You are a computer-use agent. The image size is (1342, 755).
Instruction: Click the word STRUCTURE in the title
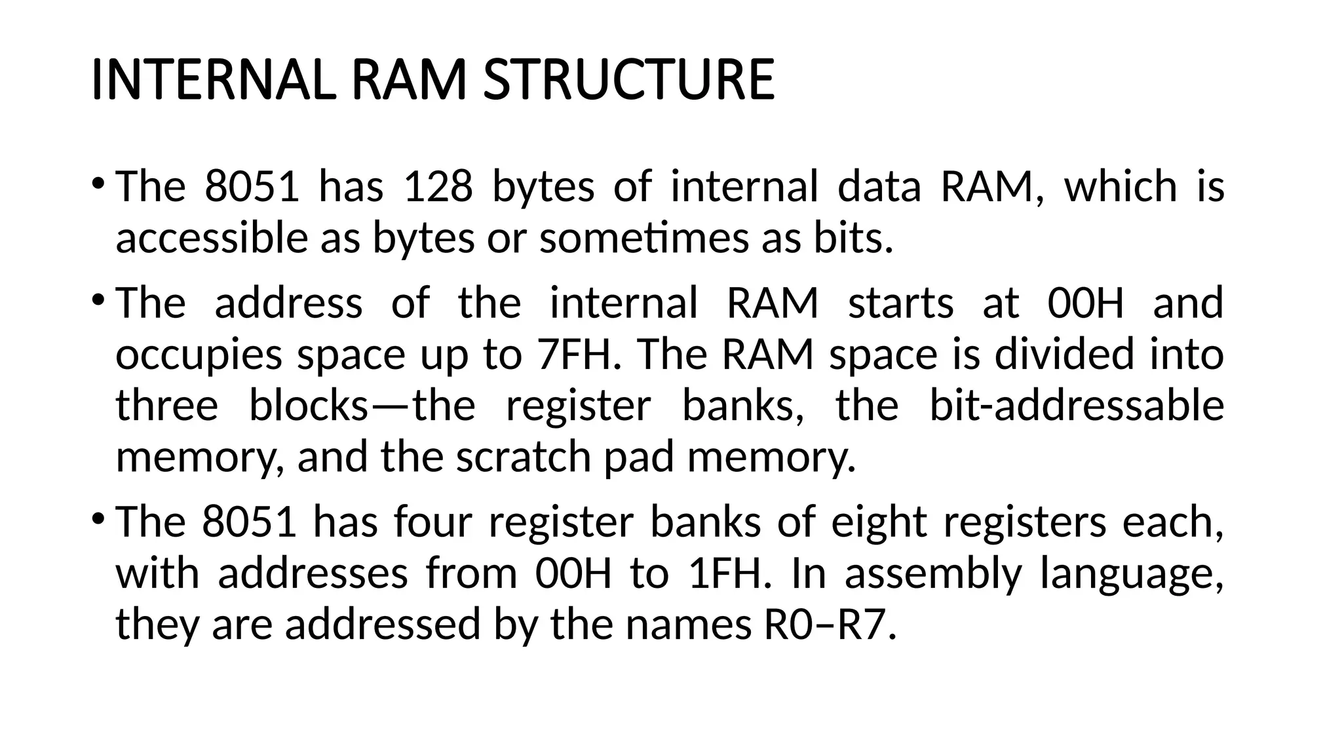tap(628, 80)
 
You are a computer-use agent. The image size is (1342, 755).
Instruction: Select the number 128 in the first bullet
tap(438, 186)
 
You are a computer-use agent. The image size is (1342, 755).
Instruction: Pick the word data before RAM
tap(879, 186)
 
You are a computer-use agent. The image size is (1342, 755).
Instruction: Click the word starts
tap(901, 303)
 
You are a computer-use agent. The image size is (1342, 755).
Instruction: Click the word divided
tap(1064, 354)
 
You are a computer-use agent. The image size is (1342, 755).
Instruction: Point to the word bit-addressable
tap(1077, 405)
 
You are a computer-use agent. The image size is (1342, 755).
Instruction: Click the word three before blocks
tap(167, 405)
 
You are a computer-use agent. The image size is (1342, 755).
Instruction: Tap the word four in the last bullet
tap(433, 522)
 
